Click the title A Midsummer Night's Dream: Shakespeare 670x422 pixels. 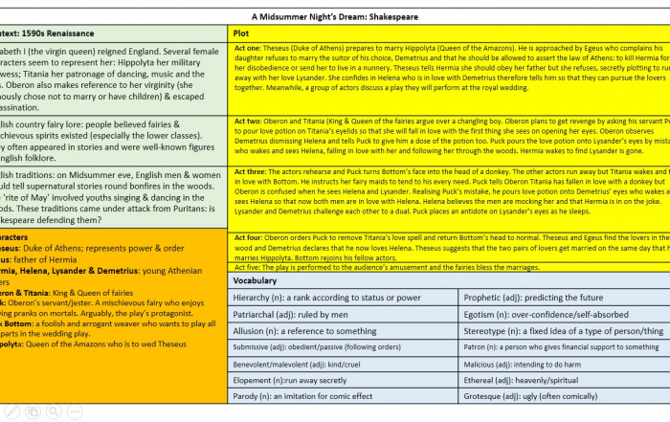[x=334, y=16]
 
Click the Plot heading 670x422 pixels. [x=241, y=33]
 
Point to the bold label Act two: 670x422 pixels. [x=247, y=122]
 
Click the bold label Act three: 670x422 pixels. [x=250, y=171]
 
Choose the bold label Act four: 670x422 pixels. [x=249, y=236]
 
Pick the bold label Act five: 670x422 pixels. [x=248, y=267]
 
